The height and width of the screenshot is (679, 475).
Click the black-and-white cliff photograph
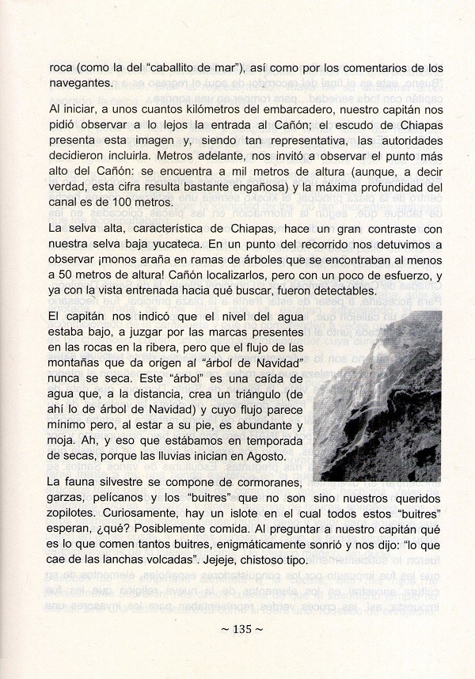pyautogui.click(x=377, y=396)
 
